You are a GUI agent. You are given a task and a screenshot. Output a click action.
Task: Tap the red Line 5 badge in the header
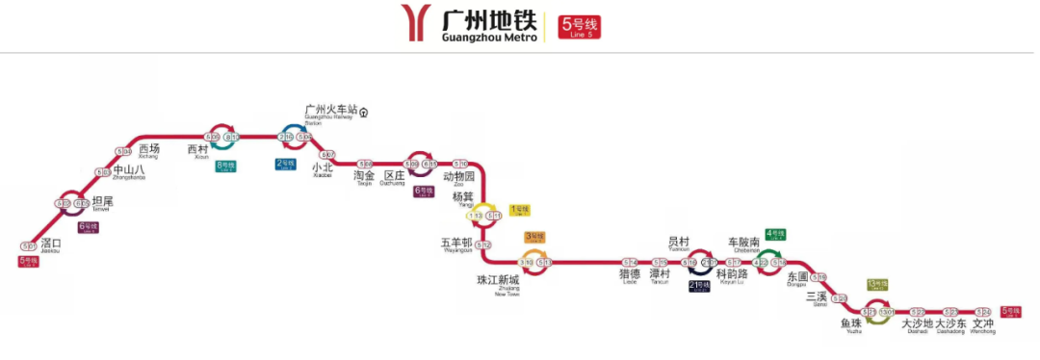[580, 25]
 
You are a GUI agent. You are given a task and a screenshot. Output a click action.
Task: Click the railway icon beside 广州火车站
[365, 111]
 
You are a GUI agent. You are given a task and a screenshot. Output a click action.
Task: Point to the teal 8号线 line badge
[226, 166]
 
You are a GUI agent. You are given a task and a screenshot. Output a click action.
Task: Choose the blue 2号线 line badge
[286, 163]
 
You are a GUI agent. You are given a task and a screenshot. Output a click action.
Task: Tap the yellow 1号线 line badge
[520, 209]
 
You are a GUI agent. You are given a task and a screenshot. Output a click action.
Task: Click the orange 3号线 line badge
[534, 237]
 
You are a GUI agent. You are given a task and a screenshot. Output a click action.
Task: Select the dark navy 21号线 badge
[698, 286]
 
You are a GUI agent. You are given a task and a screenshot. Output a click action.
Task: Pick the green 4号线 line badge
[776, 234]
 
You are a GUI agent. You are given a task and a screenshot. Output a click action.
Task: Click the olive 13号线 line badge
[876, 285]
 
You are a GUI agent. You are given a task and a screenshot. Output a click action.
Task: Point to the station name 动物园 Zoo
[459, 178]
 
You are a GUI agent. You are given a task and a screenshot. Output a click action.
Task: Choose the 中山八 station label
[129, 171]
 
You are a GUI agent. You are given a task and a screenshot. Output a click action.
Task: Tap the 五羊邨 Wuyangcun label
[456, 244]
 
